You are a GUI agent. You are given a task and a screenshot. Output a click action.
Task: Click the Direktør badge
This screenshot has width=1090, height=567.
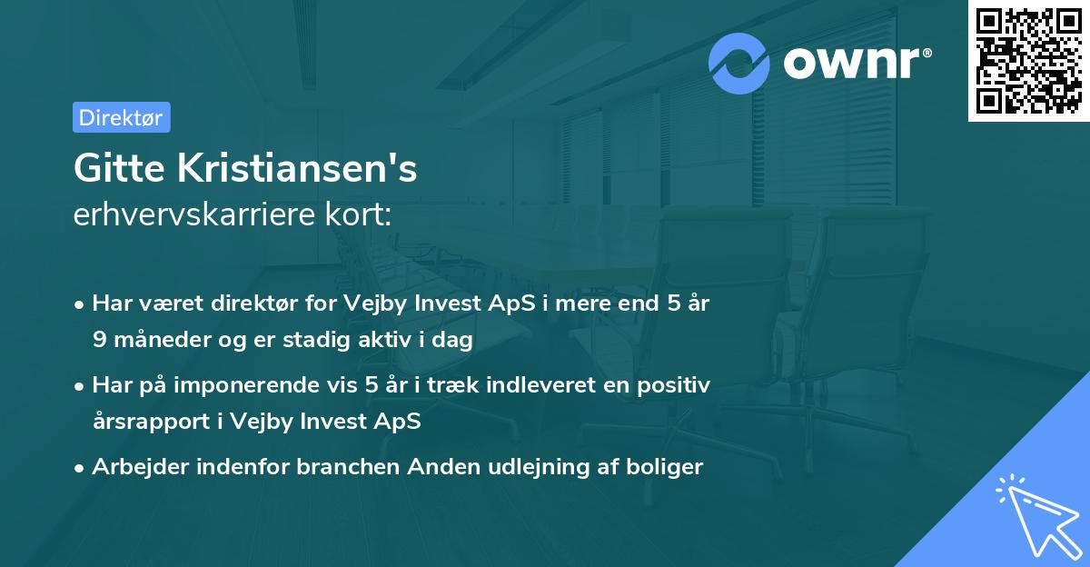pos(121,117)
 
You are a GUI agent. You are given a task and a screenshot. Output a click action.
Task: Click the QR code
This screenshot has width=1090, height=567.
pos(1028,61)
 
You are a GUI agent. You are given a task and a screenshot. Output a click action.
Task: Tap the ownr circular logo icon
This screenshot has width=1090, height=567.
pos(739,64)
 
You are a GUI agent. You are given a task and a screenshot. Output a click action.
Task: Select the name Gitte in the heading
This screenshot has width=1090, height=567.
pos(113,169)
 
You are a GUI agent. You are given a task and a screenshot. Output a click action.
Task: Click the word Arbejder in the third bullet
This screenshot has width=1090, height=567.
pos(133,467)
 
